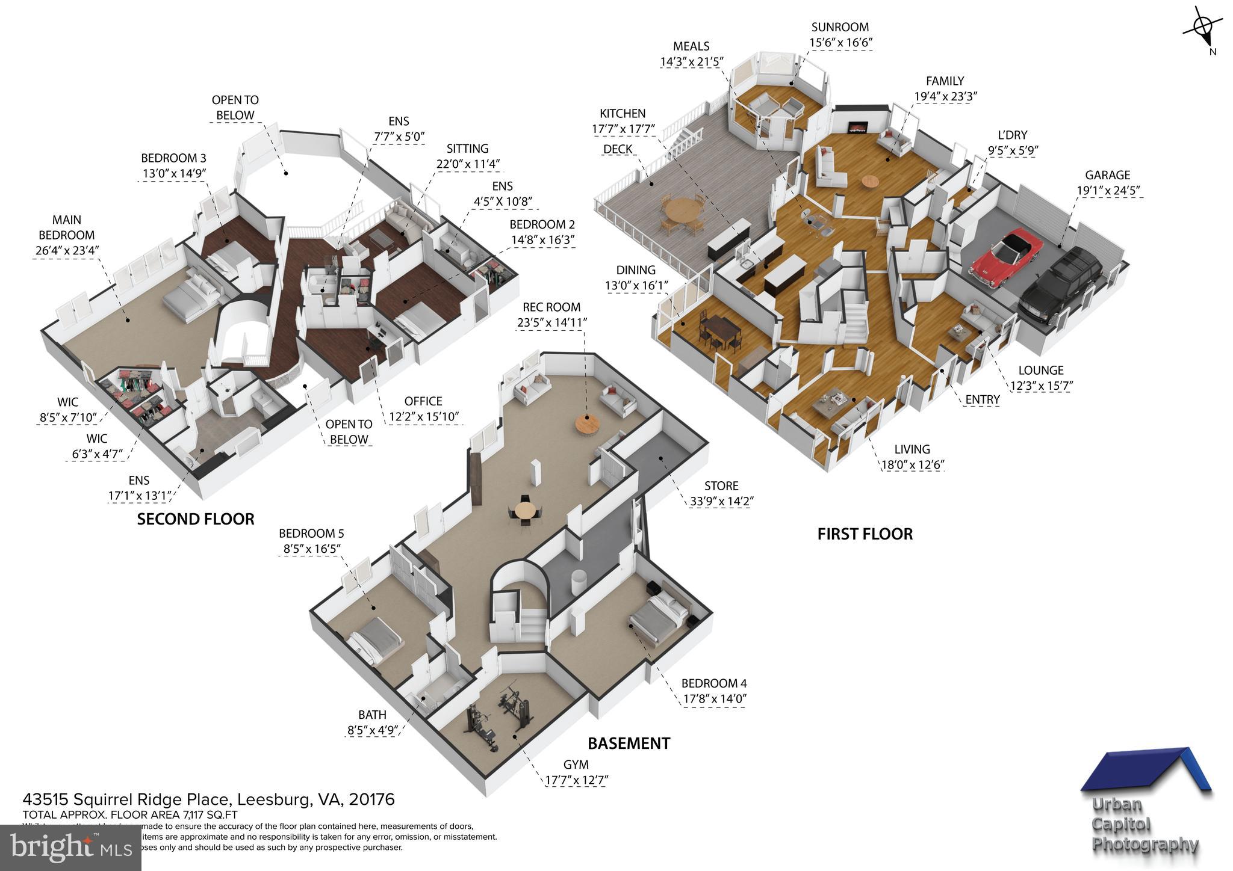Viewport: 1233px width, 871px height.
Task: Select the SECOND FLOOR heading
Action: (x=196, y=519)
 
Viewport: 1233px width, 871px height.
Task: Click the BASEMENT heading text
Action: (x=629, y=743)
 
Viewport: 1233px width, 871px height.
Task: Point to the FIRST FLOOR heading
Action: (x=865, y=534)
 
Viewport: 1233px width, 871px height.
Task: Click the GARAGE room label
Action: (x=1107, y=175)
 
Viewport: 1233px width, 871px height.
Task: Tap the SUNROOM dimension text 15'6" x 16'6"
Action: (x=840, y=43)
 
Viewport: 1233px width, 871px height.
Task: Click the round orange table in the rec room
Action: (x=588, y=423)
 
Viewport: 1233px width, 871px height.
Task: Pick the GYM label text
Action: (x=576, y=765)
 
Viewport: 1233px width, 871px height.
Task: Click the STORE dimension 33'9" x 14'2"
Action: (x=721, y=501)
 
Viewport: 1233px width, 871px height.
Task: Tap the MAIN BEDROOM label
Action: (x=66, y=227)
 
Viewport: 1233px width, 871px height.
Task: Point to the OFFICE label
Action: (x=423, y=401)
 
